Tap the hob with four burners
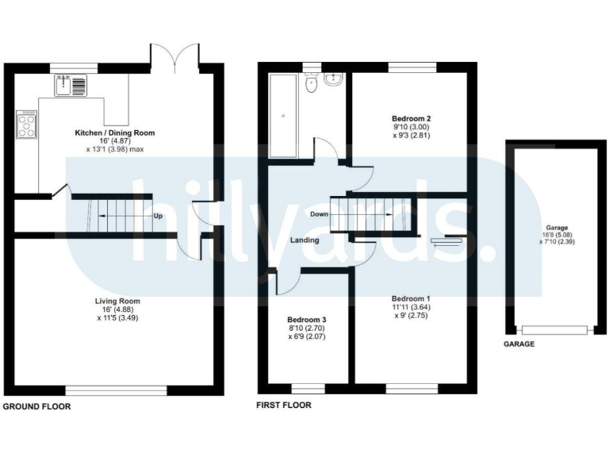[25, 125]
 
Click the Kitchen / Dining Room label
[115, 132]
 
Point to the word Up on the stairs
[159, 216]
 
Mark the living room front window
[116, 390]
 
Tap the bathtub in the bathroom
[282, 116]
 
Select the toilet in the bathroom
[312, 83]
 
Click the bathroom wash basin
[334, 82]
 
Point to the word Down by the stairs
[320, 214]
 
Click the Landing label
[304, 240]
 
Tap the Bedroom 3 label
[307, 321]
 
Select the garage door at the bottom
[554, 329]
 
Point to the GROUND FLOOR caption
[36, 406]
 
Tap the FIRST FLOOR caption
[283, 405]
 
